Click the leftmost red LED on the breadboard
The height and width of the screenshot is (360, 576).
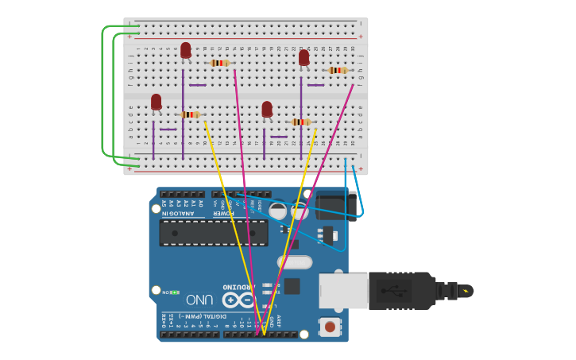click(x=156, y=102)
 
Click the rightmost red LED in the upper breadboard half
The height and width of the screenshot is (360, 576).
click(x=303, y=57)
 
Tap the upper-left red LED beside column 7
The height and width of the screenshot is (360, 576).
click(x=185, y=50)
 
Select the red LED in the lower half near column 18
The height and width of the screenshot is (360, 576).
click(x=267, y=109)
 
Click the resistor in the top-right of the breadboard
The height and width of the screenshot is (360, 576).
click(x=338, y=71)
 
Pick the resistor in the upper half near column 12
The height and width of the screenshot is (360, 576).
click(x=220, y=63)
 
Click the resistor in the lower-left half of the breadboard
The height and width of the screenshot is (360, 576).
click(x=190, y=114)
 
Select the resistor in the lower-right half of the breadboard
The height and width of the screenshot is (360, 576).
click(x=301, y=122)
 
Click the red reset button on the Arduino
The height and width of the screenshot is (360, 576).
click(x=329, y=325)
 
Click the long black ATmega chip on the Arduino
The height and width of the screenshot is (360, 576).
click(x=214, y=232)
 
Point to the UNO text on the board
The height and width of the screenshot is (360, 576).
click(x=199, y=300)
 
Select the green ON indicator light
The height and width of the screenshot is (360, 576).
click(x=175, y=292)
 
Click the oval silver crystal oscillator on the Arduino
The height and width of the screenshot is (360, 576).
click(x=295, y=261)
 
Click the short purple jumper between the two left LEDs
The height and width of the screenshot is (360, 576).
click(x=168, y=130)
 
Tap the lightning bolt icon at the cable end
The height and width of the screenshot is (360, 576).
click(x=466, y=291)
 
